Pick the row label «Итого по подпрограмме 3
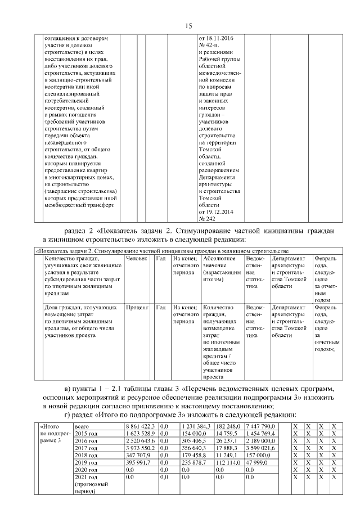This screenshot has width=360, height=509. [53, 434]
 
